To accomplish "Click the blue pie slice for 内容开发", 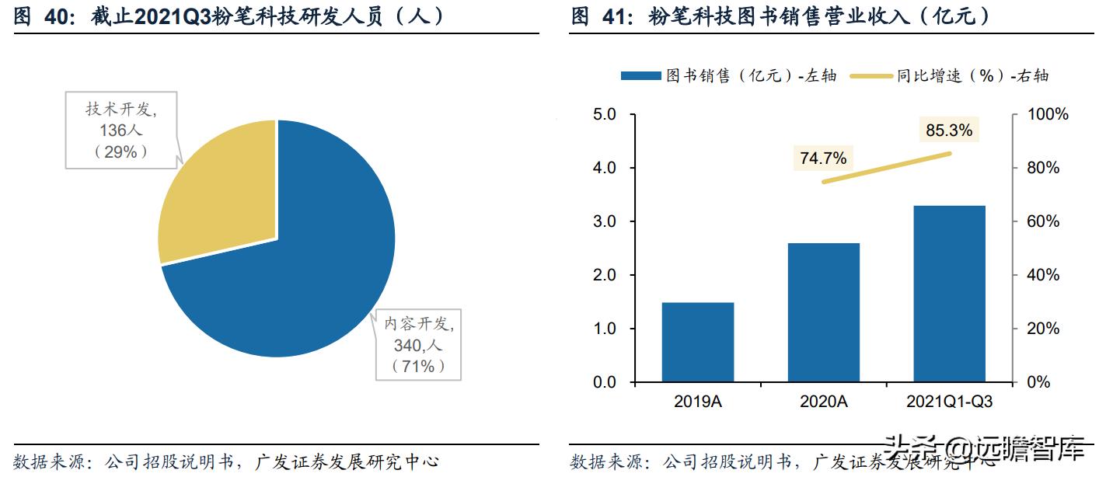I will point(311,264).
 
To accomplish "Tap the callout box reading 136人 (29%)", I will point(121,131).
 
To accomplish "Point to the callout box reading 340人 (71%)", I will point(418,344).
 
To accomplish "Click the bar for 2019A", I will point(698,342).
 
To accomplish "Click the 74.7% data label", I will point(823,158).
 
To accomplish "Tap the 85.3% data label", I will point(949,131).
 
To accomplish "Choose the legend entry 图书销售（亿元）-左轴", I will point(727,75).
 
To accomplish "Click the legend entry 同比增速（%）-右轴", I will point(948,75).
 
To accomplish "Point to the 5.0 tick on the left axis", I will point(604,114).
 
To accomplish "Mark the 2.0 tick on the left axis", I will point(604,275).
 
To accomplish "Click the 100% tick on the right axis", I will point(1048,114).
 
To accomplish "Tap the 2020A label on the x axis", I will point(823,402).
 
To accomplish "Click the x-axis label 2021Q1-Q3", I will point(949,402).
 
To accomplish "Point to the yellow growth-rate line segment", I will point(886,167).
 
